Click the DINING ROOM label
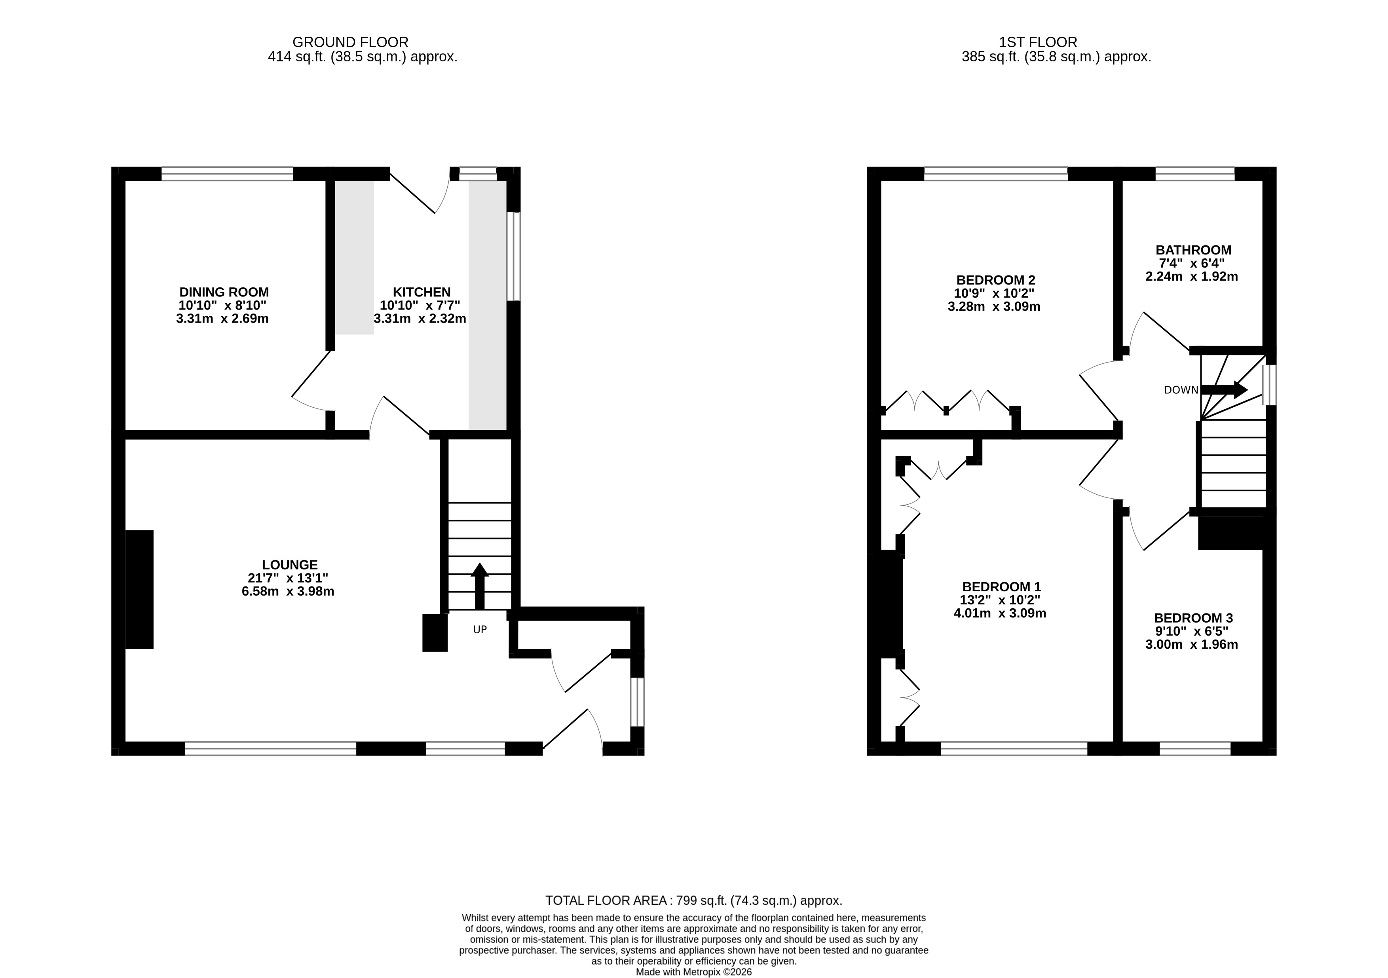(224, 292)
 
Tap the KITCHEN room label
(422, 292)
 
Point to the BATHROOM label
(1193, 250)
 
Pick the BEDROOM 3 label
(1193, 618)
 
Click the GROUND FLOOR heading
(351, 42)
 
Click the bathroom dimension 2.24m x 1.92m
(1192, 277)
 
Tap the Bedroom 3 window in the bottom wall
(1195, 749)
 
